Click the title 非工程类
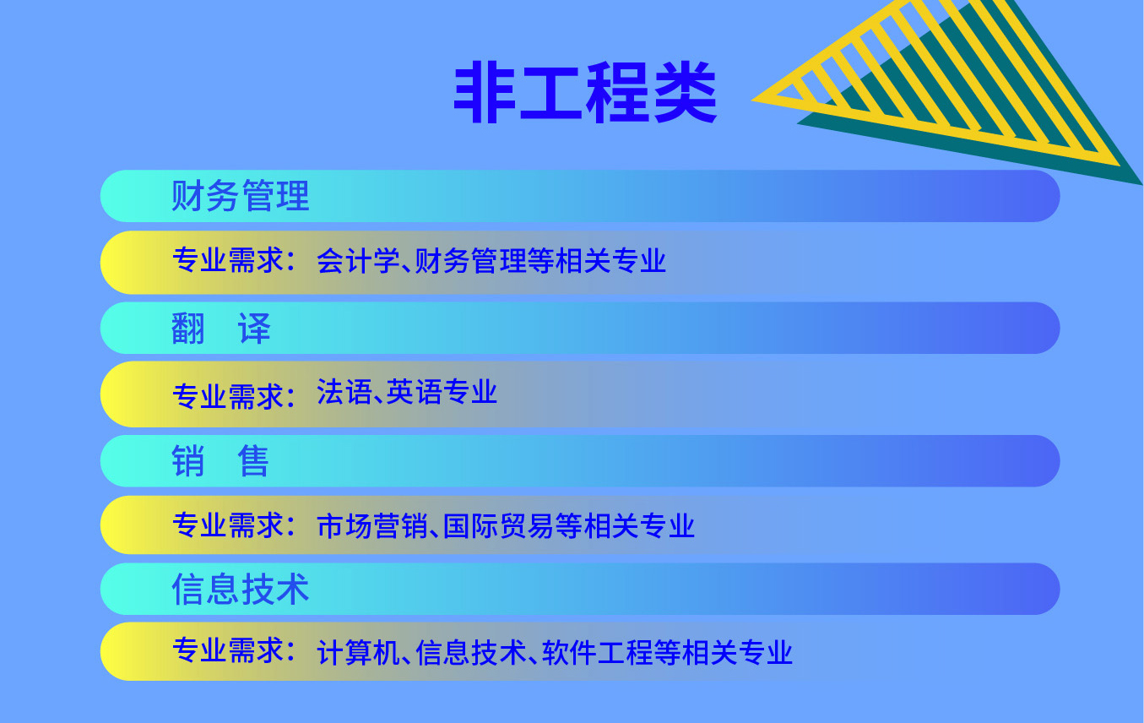coord(585,92)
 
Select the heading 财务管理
coord(240,196)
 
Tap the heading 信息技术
coord(240,589)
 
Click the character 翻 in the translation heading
coord(188,328)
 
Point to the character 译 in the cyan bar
coord(254,328)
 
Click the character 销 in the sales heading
coord(188,460)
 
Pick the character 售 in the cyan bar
coord(253,460)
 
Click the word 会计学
coord(358,261)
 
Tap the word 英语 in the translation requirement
coord(414,392)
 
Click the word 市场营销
coord(372,525)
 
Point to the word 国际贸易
coord(498,525)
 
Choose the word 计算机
coord(358,652)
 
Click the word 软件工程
coord(597,652)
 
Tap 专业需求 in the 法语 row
coord(228,396)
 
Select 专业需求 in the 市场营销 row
coord(228,525)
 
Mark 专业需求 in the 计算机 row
coord(228,650)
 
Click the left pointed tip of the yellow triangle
coord(752,101)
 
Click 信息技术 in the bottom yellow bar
coord(471,652)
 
